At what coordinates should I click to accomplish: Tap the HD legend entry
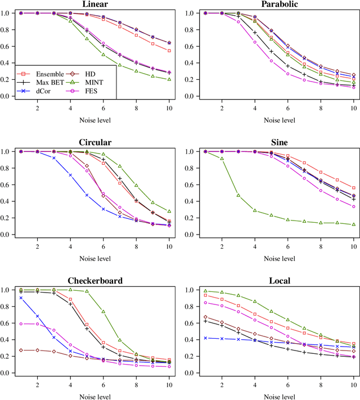tap(85, 74)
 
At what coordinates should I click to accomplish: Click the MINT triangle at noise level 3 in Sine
tap(238, 195)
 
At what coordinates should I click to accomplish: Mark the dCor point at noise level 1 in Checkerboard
tap(21, 298)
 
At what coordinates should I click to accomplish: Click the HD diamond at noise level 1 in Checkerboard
tap(21, 350)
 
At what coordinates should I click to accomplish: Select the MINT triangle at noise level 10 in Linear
tap(169, 79)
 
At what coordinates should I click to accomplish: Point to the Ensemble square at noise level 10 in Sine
tap(354, 188)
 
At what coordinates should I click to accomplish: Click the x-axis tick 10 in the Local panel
tap(354, 384)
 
